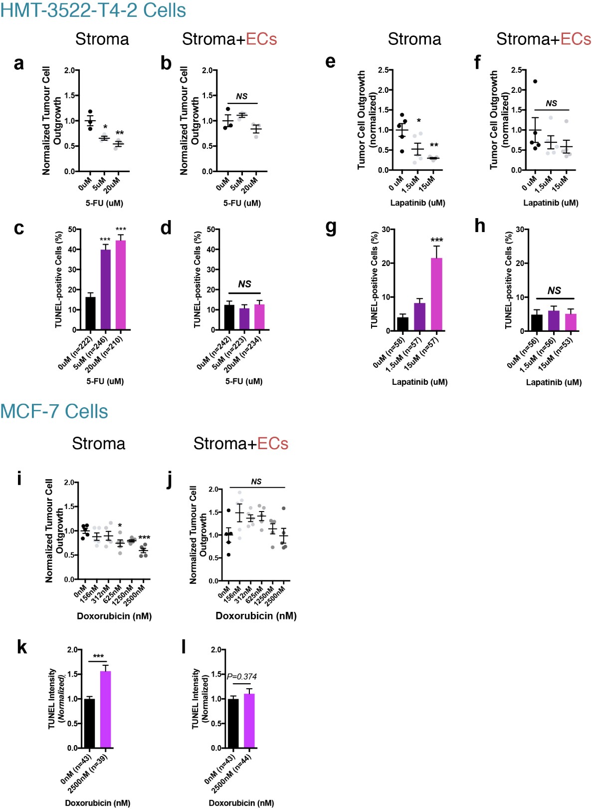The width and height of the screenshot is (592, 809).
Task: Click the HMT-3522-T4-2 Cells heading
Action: [x=93, y=10]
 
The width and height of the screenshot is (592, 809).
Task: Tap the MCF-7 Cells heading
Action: [x=54, y=411]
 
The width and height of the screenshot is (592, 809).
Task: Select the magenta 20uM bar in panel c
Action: [x=121, y=285]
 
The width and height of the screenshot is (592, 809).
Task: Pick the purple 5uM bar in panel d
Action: [x=244, y=319]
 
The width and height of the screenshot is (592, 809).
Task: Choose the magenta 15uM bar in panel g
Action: [x=436, y=294]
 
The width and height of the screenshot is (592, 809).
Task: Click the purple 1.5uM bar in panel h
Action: [x=554, y=320]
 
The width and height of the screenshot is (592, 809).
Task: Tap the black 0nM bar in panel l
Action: [x=233, y=723]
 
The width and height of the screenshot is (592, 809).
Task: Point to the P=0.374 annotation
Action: [x=242, y=677]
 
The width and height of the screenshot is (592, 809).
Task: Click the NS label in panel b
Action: [x=242, y=96]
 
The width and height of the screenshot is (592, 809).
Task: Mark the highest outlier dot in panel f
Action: [x=535, y=81]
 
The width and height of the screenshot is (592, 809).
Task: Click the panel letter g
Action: [x=331, y=227]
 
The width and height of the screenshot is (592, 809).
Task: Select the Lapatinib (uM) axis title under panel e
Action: [x=417, y=203]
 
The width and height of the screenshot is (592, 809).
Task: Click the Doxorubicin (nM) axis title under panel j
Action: [x=256, y=616]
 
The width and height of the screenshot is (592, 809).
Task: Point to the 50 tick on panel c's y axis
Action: [x=72, y=230]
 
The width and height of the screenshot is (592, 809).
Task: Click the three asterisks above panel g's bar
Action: [x=436, y=240]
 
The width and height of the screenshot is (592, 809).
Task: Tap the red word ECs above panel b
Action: [x=261, y=39]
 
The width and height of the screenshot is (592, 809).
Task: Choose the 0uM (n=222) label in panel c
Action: [x=75, y=353]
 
